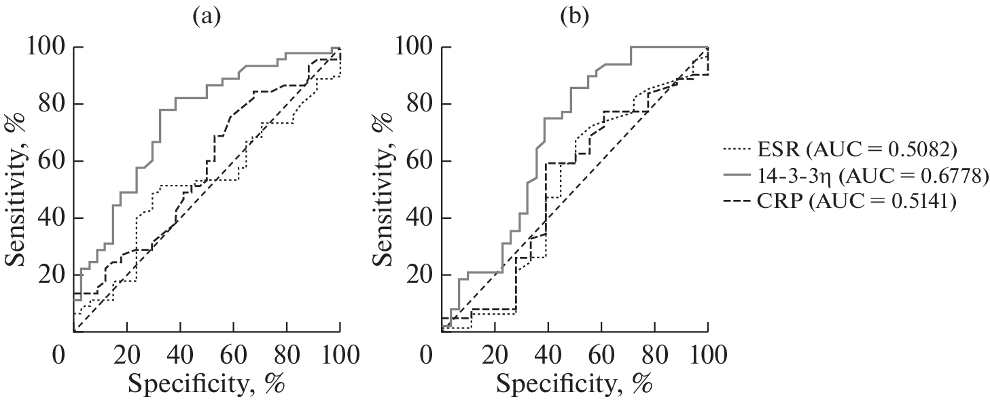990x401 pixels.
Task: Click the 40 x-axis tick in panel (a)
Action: tap(179, 355)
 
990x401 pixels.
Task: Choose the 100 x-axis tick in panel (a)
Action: tap(340, 355)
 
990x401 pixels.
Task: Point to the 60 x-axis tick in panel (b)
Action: tap(601, 355)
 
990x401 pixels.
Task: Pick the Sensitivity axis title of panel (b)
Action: tap(385, 190)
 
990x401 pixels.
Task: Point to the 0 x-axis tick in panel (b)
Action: tap(427, 355)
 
